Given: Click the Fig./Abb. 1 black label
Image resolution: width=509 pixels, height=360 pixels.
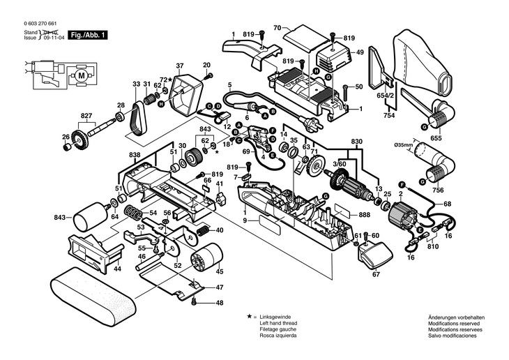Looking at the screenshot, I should (89, 33).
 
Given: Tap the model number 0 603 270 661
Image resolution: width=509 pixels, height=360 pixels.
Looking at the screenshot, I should (41, 24).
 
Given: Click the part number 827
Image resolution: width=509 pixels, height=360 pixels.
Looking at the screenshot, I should (86, 115).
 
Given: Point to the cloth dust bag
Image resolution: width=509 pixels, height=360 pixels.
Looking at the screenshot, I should (426, 66).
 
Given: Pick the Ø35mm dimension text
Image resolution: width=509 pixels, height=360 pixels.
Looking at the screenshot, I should (403, 144).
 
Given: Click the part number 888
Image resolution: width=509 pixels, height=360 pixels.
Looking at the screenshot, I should (364, 216).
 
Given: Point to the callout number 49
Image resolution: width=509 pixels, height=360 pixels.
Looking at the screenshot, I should (360, 52).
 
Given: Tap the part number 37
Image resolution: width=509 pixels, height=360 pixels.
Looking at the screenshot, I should (179, 66).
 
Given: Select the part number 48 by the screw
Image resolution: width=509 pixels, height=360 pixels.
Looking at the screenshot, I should (219, 303).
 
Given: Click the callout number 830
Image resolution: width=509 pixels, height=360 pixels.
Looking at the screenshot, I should (358, 142).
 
